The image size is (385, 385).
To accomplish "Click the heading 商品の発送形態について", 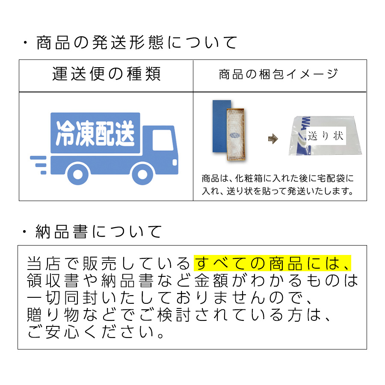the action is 137,43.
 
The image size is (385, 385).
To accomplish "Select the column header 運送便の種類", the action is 107,74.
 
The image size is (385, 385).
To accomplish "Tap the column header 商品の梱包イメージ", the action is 278,74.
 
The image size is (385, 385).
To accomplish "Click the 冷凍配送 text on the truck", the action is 95,133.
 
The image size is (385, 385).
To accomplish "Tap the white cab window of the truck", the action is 163,140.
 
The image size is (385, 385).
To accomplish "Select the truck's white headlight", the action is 175,163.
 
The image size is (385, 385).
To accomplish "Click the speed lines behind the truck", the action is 38,165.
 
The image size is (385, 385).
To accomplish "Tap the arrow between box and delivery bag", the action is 273,139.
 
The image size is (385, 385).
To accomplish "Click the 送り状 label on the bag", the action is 326,136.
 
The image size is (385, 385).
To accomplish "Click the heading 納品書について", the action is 98,231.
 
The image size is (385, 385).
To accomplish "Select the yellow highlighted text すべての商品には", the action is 272,263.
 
